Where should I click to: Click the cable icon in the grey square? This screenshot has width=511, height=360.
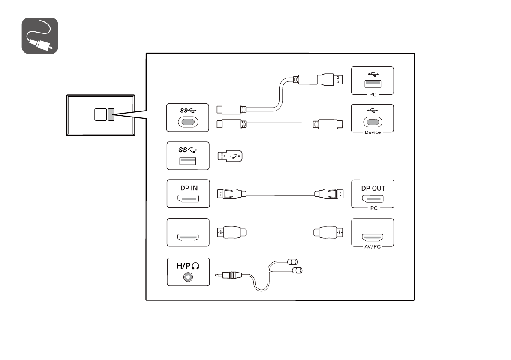point(40,36)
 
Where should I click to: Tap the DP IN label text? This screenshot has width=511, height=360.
point(189,188)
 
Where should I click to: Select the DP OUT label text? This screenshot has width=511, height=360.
point(373,188)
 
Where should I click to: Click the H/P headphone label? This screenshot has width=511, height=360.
point(188,266)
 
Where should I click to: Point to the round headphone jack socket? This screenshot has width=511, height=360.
point(188,277)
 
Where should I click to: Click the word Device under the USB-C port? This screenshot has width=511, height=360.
point(373,132)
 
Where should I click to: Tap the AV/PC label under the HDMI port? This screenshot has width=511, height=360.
point(373,246)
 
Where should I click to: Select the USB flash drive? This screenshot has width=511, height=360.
point(230,156)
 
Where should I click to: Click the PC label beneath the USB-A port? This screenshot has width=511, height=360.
point(373,95)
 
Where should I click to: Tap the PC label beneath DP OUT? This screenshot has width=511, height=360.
point(374,208)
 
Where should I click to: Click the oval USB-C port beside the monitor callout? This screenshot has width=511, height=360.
point(188,122)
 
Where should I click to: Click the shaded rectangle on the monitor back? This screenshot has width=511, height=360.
point(111,115)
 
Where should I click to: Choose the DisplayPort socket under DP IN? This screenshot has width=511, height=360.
point(188,199)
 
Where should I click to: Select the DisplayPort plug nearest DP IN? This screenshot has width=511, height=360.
point(232,194)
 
